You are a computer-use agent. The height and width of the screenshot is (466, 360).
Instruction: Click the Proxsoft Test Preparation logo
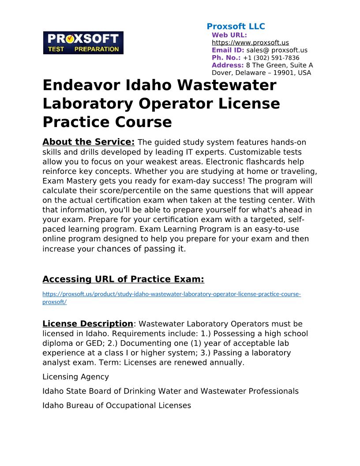pyautogui.click(x=83, y=43)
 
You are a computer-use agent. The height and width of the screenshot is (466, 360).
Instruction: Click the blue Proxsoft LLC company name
pyautogui.click(x=236, y=26)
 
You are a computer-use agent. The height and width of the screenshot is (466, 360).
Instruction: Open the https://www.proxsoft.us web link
pyautogui.click(x=250, y=43)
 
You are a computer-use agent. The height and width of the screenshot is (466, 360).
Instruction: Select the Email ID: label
pyautogui.click(x=228, y=50)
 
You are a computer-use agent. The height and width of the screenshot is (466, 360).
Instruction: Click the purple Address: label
pyautogui.click(x=228, y=65)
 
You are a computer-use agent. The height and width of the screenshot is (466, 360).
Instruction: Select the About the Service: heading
pyautogui.click(x=88, y=142)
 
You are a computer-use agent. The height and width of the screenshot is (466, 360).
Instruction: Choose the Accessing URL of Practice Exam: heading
pyautogui.click(x=123, y=279)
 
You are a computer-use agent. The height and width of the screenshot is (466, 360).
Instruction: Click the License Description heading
pyautogui.click(x=87, y=324)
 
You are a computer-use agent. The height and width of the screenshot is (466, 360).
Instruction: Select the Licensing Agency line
pyautogui.click(x=75, y=377)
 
